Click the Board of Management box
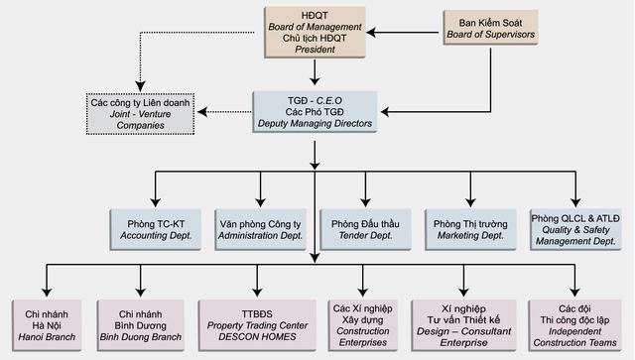[316, 32]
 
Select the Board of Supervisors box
[488, 28]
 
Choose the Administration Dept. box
[259, 230]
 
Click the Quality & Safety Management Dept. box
[578, 230]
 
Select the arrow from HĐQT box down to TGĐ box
[316, 71]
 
